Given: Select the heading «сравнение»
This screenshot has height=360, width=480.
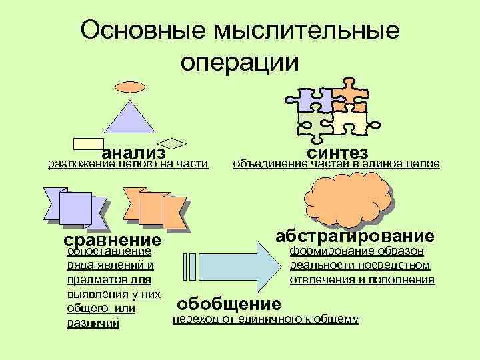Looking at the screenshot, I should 112,240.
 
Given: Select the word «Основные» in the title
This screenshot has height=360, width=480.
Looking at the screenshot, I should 144,29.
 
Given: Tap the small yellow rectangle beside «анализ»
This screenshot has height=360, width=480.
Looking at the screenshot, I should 87,143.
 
